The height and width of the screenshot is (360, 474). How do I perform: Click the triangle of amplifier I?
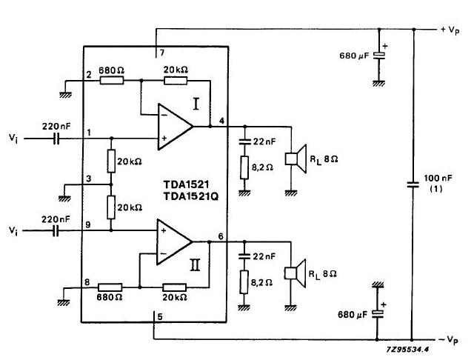[x=176, y=127]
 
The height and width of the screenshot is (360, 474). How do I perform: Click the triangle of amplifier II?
[x=175, y=241]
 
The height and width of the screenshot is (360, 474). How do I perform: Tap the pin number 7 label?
[x=162, y=53]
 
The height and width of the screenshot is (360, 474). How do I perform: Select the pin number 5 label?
[x=160, y=317]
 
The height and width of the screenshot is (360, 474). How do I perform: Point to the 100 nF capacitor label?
[x=438, y=179]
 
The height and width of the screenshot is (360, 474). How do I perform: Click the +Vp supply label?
[x=450, y=30]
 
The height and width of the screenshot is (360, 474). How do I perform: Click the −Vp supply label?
[x=449, y=340]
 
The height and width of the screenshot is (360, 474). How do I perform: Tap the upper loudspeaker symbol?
[x=296, y=159]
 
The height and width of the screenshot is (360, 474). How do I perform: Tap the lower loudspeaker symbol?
[x=296, y=273]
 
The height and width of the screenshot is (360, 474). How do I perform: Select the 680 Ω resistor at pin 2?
[x=112, y=81]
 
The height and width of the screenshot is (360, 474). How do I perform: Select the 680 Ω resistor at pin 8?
[x=110, y=287]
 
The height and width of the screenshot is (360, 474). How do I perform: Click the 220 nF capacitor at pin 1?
[x=56, y=139]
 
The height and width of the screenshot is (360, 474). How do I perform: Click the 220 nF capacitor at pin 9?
[x=56, y=231]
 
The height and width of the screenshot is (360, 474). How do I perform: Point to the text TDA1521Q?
[x=191, y=196]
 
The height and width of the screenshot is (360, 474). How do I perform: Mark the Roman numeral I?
[x=196, y=104]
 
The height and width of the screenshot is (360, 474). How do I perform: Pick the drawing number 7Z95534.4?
[x=407, y=350]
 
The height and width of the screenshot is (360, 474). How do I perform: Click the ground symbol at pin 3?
[x=64, y=199]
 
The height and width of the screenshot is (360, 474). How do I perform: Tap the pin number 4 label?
[x=222, y=121]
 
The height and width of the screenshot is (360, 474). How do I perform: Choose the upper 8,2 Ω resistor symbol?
[x=244, y=167]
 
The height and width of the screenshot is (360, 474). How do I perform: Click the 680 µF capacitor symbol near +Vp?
[x=379, y=56]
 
